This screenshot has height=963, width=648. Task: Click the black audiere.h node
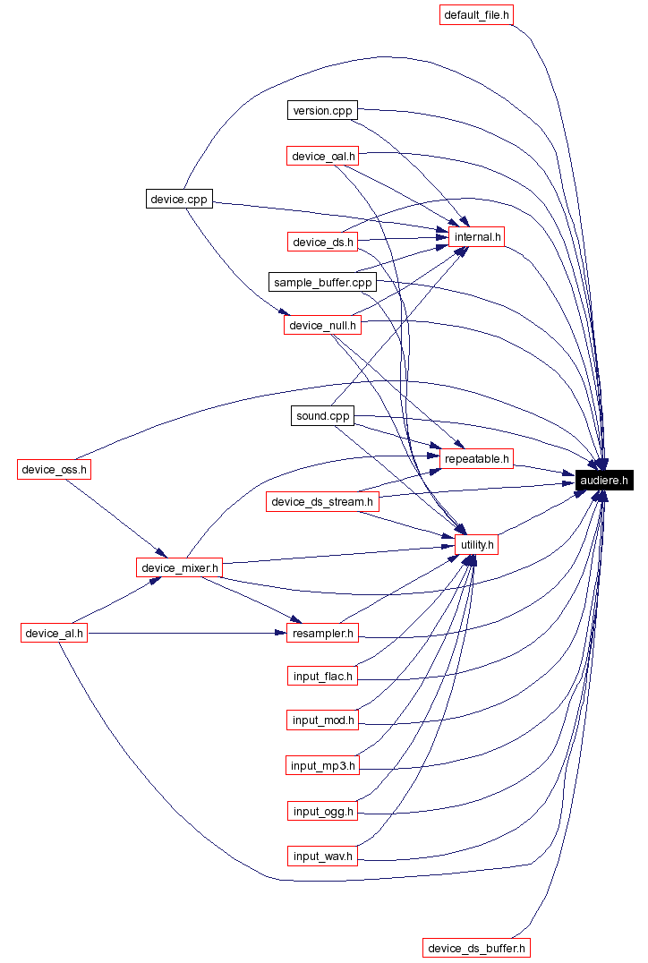[x=605, y=481]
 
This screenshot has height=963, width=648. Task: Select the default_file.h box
[x=478, y=15]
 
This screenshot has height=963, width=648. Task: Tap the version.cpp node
[x=322, y=110]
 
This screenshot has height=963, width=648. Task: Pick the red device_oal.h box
[x=323, y=157]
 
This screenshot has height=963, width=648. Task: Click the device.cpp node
[x=179, y=199]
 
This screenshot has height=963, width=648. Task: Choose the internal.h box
[x=478, y=237]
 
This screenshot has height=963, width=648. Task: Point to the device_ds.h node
[x=323, y=242]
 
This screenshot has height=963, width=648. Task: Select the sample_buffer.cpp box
[x=322, y=283]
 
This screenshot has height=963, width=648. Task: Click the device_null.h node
[x=323, y=325]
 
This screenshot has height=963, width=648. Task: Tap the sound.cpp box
[x=323, y=416]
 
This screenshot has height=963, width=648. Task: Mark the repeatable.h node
[x=478, y=458]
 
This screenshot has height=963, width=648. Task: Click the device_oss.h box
[x=55, y=469]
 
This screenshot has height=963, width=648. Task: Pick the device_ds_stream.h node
[x=322, y=501]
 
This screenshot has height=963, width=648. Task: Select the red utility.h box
[x=478, y=544]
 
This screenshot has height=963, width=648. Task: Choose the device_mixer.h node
[x=179, y=567]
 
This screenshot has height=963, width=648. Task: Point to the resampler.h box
[x=323, y=634]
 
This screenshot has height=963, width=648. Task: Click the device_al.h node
[x=55, y=634]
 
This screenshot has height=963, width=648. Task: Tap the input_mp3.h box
[x=323, y=765]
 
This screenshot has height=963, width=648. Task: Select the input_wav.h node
[x=323, y=856]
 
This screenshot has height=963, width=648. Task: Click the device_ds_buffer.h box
[x=478, y=948]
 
